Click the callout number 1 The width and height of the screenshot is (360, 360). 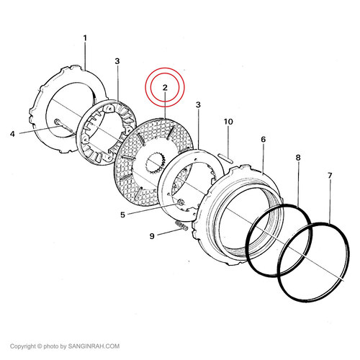(85, 38)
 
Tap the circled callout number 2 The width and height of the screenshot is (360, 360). (165, 88)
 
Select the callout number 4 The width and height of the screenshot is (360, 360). (12, 134)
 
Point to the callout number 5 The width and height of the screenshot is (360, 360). (122, 215)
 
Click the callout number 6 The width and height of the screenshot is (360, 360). (264, 139)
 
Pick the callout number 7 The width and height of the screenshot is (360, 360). (330, 176)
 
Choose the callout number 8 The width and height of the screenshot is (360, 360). (298, 158)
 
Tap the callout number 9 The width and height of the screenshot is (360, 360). (152, 236)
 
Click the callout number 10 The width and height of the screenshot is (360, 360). (228, 122)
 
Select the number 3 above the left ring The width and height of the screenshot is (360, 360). (117, 61)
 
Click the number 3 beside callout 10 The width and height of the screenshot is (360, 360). (198, 105)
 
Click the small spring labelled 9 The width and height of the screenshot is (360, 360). (181, 226)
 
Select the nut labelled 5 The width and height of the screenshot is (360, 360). (181, 203)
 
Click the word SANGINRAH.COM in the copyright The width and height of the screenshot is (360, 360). (94, 346)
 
